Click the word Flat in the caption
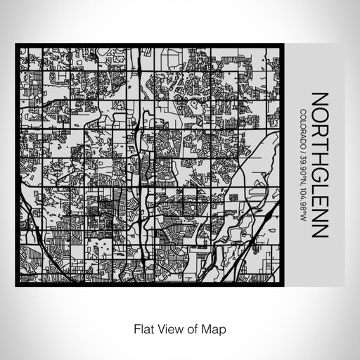coord(142,328)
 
